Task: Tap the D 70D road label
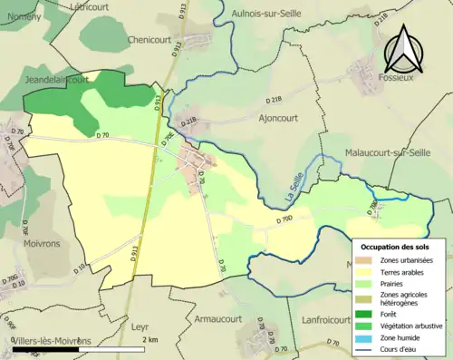pos(282,220)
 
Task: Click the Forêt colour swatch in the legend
pos(362,306)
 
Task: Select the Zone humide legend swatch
pos(362,336)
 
